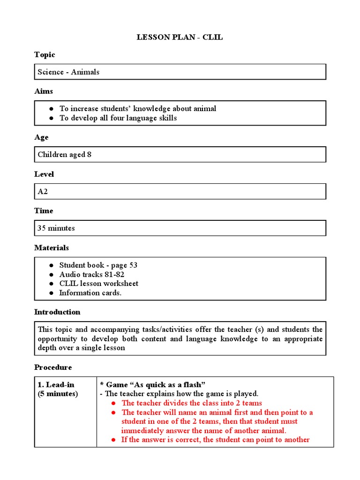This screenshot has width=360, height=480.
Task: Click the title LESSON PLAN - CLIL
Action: coord(180,37)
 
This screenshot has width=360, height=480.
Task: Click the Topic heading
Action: coord(45,55)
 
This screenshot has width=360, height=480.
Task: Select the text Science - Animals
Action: coord(68,72)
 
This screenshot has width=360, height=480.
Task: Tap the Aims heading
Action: coord(44,91)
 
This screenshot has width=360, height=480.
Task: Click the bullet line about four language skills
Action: coord(118,118)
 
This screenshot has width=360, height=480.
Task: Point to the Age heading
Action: coord(41,137)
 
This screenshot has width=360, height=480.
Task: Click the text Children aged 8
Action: coord(64,155)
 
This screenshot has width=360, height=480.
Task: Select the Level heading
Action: coord(44,174)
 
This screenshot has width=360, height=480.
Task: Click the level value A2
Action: coord(43,192)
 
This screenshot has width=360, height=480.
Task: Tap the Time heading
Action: coord(44,211)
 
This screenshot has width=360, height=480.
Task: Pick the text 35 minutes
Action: coord(56,228)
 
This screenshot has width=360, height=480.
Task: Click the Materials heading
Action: coord(52,247)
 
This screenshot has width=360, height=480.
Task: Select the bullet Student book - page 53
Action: coord(98,265)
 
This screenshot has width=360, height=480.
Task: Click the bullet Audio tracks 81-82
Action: coord(91,275)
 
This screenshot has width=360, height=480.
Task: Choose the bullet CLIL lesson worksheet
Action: coord(98,284)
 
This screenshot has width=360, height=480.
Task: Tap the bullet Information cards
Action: coord(90,293)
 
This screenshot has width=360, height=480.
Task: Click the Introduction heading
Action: coord(57,312)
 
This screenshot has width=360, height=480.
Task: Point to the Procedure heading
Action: coord(53,367)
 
